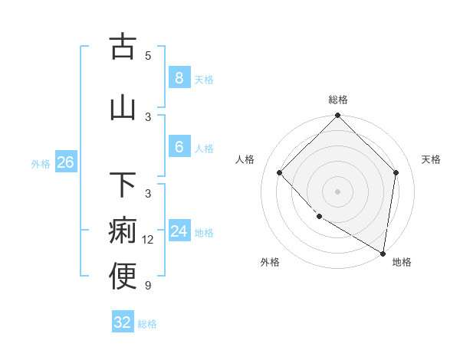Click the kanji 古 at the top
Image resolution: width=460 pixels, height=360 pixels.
(123, 47)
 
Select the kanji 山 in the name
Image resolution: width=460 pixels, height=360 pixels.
(123, 108)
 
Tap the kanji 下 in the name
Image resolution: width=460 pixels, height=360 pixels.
(123, 186)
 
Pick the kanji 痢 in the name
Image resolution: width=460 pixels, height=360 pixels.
(123, 231)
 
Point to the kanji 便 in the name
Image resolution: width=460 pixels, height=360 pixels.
(123, 277)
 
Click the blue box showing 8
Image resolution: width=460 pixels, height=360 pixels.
(179, 77)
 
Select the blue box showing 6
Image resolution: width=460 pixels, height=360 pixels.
(179, 147)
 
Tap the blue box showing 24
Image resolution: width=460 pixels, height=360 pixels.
(179, 231)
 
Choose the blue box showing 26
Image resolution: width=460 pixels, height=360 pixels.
(65, 162)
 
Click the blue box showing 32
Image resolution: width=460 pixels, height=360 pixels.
(123, 322)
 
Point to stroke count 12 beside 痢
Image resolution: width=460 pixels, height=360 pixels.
(148, 240)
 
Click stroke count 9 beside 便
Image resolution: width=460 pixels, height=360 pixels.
(148, 286)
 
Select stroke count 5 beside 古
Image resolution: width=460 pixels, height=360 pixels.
(148, 55)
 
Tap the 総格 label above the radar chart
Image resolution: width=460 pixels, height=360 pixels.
(338, 100)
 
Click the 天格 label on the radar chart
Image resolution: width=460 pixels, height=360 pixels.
(431, 159)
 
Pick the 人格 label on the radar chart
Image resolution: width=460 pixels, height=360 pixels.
(245, 159)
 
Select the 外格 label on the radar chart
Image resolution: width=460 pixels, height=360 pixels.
(270, 262)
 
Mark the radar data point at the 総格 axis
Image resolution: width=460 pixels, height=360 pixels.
(338, 116)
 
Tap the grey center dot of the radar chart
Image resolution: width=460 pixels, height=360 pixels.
(338, 191)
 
